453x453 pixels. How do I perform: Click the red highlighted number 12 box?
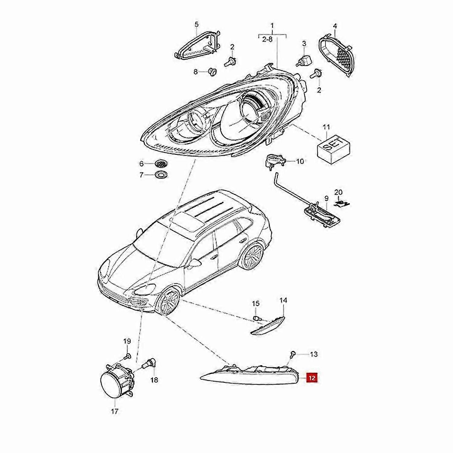tap(311, 377)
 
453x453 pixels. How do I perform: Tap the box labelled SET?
tap(333, 149)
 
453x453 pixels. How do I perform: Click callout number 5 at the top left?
tap(196, 24)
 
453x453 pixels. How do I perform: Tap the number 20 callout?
tap(338, 192)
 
